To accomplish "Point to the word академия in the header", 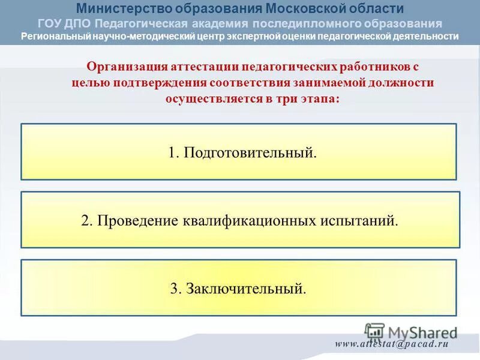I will pyautogui.click(x=220, y=23).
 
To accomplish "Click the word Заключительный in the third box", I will pyautogui.click(x=246, y=289).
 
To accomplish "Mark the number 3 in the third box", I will pyautogui.click(x=174, y=289).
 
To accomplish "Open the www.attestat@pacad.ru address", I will pyautogui.click(x=392, y=344).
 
